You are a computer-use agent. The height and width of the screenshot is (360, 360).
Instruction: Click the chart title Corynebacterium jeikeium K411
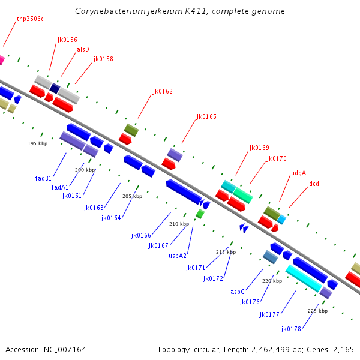[180, 11]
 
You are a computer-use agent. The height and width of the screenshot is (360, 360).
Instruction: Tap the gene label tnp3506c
[30, 19]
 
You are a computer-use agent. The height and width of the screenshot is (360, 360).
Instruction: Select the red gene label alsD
[83, 49]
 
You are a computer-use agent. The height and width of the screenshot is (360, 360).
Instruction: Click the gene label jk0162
[163, 92]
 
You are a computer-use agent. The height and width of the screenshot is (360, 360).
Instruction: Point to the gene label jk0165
[206, 116]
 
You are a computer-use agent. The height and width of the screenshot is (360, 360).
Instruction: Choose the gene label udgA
[298, 173]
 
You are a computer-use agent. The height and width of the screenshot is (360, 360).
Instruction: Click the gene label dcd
[314, 184]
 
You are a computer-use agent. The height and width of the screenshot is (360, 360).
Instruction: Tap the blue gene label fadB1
[43, 178]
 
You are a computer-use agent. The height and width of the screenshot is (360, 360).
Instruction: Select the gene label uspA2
[178, 255]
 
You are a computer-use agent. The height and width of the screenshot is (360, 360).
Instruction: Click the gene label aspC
[238, 292]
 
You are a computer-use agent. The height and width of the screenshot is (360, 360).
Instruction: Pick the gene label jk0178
[291, 329]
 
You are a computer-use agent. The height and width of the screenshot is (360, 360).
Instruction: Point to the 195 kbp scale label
[37, 143]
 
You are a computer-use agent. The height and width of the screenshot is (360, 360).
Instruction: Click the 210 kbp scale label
[179, 224]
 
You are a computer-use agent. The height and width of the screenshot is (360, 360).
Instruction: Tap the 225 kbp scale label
[317, 311]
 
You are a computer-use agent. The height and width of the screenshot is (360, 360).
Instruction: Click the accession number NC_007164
[46, 349]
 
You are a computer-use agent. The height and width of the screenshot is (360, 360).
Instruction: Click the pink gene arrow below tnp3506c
[1, 60]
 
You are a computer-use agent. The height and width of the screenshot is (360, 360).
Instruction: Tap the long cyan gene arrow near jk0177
[303, 278]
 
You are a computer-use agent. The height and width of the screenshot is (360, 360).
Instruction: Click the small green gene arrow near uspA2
[200, 214]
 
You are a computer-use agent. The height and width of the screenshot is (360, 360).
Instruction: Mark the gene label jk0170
[277, 158]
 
